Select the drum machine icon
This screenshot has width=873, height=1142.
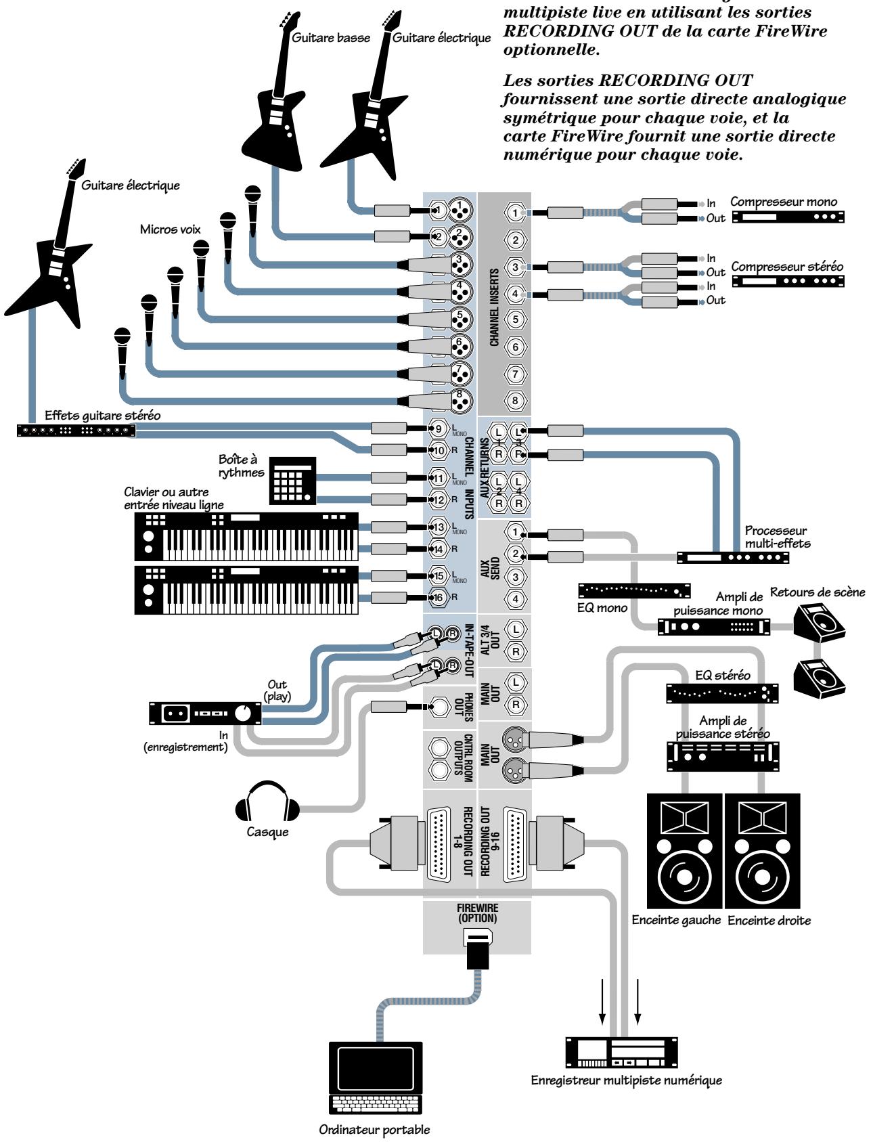293,481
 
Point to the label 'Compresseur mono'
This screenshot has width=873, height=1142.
783,202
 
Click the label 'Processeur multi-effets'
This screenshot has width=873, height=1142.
777,537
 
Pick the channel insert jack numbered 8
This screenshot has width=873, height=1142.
515,401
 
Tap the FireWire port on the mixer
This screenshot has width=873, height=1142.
477,938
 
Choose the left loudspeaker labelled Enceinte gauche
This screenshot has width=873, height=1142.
685,850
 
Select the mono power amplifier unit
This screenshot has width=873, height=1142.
713,626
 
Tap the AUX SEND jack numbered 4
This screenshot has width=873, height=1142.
515,598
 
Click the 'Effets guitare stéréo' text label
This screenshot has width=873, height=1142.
102,416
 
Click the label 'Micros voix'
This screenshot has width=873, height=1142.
171,229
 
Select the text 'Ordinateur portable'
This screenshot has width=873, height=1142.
374,1130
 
